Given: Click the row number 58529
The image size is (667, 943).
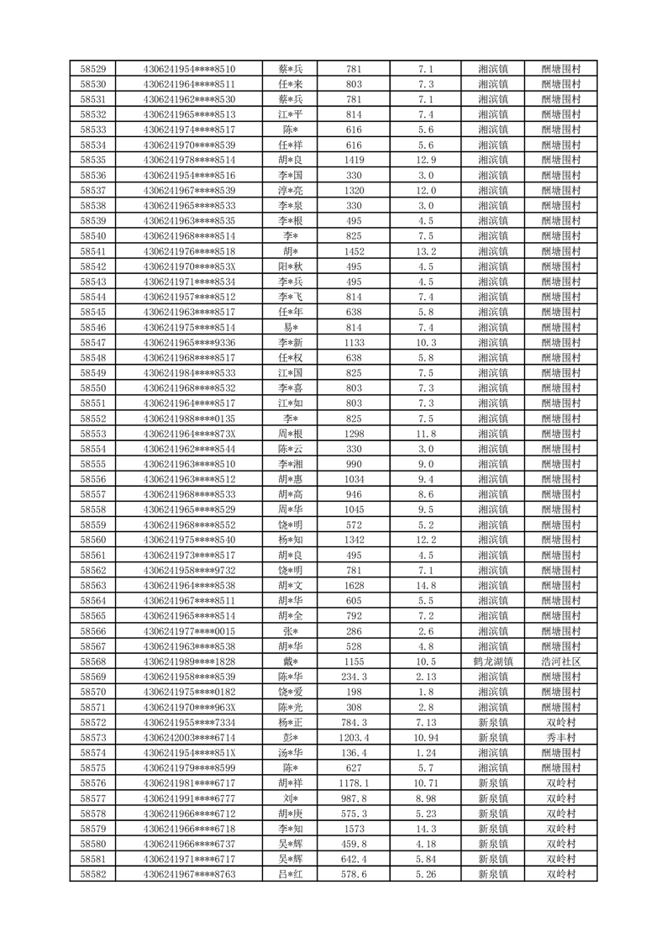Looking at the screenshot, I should click(92, 69).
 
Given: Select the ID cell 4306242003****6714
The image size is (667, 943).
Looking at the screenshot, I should click(189, 737).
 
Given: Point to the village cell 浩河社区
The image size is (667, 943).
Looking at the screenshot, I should click(561, 661).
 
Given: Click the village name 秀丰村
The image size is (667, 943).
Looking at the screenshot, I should click(561, 737).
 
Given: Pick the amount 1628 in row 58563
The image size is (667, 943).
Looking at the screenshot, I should click(354, 586).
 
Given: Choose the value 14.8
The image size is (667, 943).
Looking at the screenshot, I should click(425, 586).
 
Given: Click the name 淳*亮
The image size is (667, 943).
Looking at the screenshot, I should click(291, 191).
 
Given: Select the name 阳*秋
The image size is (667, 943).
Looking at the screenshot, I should click(291, 266).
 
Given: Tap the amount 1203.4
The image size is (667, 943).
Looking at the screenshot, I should click(354, 737).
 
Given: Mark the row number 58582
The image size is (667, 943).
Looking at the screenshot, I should click(92, 874).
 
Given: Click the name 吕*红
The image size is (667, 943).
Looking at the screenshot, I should click(291, 874).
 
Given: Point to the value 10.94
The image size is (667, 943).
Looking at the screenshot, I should click(425, 737).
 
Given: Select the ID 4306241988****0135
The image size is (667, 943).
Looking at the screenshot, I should click(189, 419).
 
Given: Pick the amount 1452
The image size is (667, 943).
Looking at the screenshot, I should click(354, 251).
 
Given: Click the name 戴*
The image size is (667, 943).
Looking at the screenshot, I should click(291, 661).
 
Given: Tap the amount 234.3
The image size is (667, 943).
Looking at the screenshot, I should click(354, 677).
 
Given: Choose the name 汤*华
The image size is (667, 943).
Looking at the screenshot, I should click(291, 752).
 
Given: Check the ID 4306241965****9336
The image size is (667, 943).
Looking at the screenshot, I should click(189, 343).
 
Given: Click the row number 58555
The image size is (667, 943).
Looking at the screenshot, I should click(92, 464).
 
